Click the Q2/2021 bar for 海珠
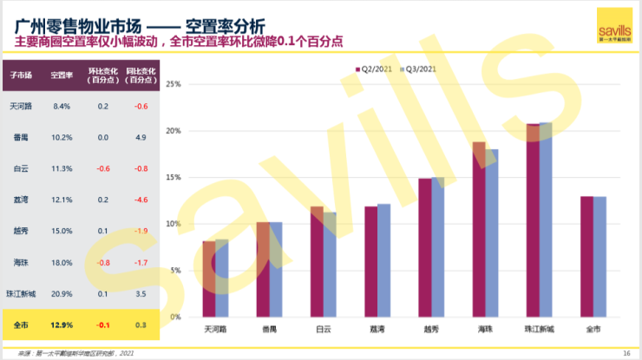tap(479, 229)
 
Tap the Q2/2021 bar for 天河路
tap(209, 278)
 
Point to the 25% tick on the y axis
tap(172, 85)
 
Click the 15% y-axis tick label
tap(172, 178)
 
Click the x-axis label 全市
tap(593, 330)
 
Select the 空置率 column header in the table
tap(61, 76)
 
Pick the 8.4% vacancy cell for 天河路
tap(61, 106)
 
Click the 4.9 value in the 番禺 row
tap(140, 137)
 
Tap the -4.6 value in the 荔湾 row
tap(140, 200)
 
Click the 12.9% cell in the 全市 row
tap(61, 324)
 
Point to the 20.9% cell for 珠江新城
tap(61, 293)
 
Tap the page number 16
tap(626, 353)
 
